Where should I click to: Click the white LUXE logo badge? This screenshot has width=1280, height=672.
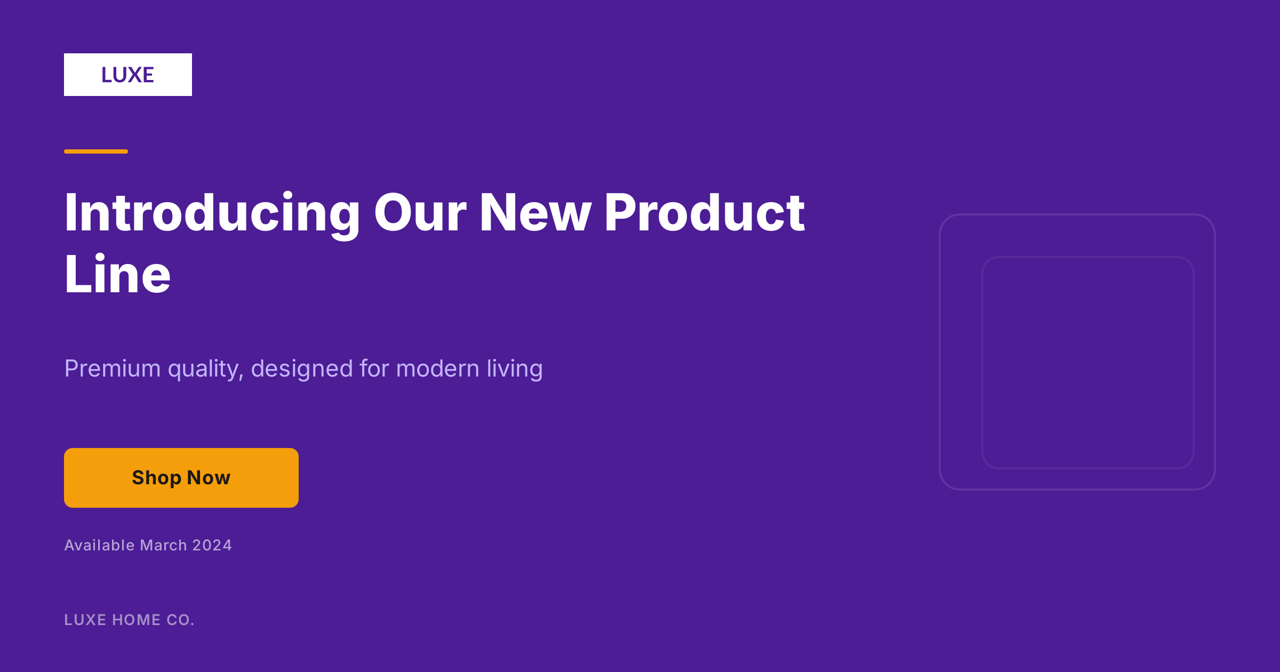click(128, 75)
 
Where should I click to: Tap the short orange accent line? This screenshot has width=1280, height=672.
click(96, 151)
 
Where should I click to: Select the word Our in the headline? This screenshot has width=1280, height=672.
click(420, 213)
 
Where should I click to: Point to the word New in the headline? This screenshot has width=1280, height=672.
click(535, 213)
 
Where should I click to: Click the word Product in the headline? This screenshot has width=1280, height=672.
click(705, 213)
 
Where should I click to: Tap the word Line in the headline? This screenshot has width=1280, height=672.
click(118, 274)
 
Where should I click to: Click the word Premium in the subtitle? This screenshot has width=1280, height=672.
click(113, 369)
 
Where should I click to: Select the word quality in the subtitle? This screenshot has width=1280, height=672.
click(205, 370)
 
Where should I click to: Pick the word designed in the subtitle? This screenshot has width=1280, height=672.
click(302, 370)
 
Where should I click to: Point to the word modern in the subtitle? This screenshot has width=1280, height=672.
click(438, 369)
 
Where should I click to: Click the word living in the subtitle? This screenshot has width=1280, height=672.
click(515, 370)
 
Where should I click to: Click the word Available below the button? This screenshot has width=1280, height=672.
click(100, 545)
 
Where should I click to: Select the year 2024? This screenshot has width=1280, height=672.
click(212, 545)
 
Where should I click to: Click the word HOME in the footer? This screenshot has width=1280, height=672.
click(136, 620)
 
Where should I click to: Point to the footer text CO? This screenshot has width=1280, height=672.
click(180, 620)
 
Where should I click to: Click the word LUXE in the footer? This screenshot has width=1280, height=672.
click(85, 620)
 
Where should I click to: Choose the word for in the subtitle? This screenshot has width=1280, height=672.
click(374, 369)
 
